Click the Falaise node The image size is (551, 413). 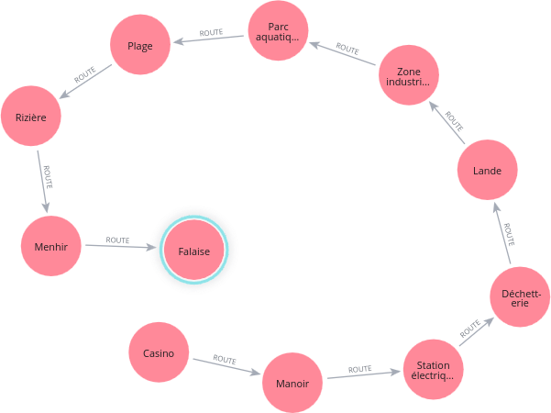pos(194,251)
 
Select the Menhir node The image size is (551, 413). pos(51,246)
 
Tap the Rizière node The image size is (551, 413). pos(30,117)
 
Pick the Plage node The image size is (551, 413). pos(140,46)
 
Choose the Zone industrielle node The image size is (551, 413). pos(408,76)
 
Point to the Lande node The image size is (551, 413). pos(488,170)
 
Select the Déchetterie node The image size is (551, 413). pos(520,297)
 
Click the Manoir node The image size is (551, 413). pos(292,383)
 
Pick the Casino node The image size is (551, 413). pos(159,353)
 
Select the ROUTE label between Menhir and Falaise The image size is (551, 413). pos(117,240)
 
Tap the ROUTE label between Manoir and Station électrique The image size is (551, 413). pos(360,369)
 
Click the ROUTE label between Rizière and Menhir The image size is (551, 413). pos(47,176)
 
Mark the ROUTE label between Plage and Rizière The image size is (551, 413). pos(85,77)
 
